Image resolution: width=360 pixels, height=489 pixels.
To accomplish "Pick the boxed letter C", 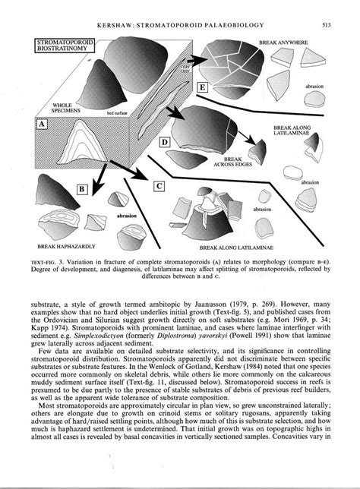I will coord(158,185).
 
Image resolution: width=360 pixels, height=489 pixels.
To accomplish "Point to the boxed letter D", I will coord(185,140).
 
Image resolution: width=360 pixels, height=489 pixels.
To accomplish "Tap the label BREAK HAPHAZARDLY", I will coord(65,247).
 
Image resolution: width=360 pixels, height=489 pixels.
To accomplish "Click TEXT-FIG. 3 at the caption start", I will coord(49,258).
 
